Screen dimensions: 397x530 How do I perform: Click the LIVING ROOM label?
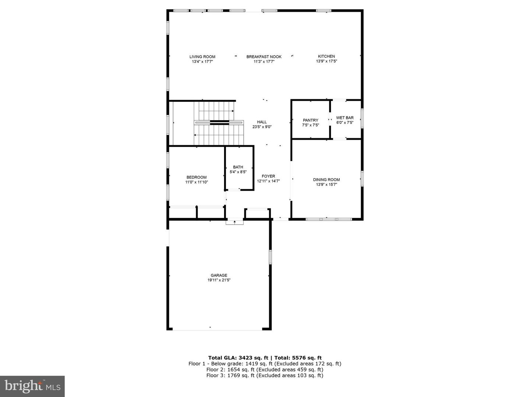[x=202, y=57]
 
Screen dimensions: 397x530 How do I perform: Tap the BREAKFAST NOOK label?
[x=264, y=57]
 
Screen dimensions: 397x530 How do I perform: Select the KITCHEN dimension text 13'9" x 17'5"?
[x=326, y=61]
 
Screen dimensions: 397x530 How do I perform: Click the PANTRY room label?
[x=310, y=120]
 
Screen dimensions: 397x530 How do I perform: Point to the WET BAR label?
[x=344, y=118]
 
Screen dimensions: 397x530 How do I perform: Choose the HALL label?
[x=262, y=122]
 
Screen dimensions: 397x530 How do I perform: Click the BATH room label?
[x=238, y=167]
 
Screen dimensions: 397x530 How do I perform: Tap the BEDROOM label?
[x=197, y=177]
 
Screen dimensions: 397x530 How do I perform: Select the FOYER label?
[x=268, y=176]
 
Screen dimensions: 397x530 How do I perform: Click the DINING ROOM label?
[x=326, y=180]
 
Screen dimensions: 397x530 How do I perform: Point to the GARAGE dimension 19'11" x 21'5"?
[x=219, y=280]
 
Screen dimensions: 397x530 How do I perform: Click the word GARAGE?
[x=219, y=275]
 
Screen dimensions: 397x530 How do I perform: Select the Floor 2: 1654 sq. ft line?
[x=265, y=369]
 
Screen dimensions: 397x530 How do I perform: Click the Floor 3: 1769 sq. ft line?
[x=265, y=375]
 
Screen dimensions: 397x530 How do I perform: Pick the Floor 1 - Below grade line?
[x=265, y=364]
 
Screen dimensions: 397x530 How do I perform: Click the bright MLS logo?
[x=32, y=386]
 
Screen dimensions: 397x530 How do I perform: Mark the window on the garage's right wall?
[x=270, y=257]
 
